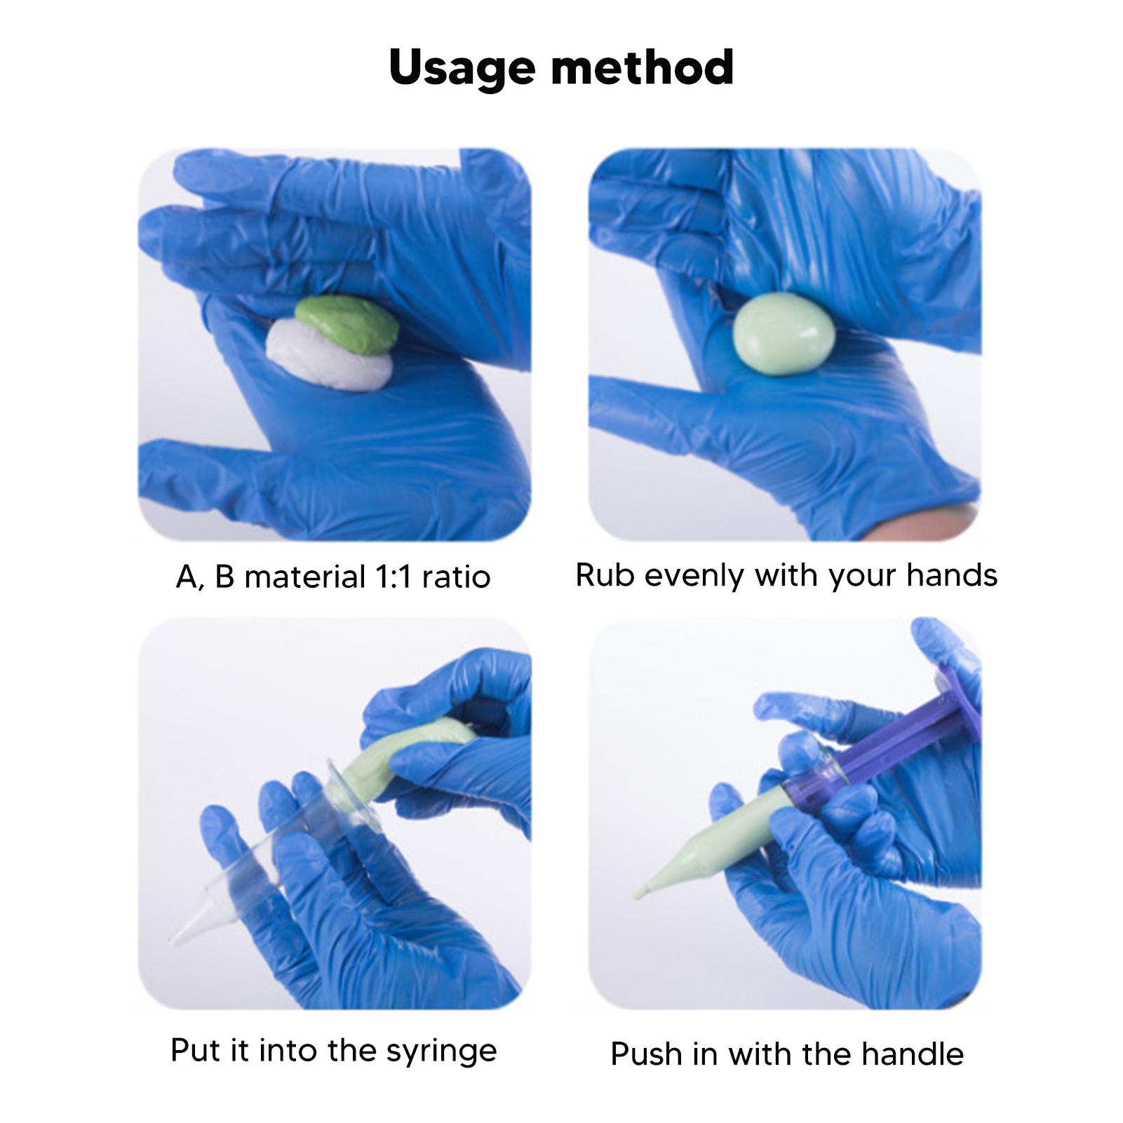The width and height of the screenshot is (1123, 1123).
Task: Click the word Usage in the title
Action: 463,69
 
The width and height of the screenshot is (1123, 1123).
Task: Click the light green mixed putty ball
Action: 784,335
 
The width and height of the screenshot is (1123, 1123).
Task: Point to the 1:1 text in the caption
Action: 397,577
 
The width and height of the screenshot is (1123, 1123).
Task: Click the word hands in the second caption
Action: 951,575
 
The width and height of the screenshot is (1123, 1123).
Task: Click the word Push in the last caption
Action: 643,1054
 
